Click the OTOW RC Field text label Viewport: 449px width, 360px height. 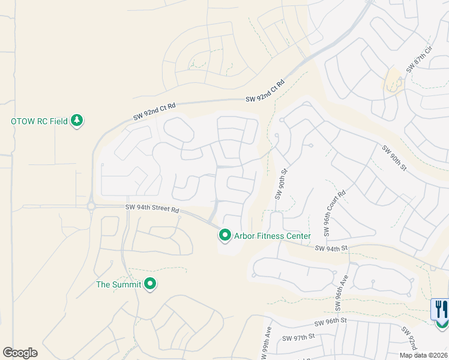39,121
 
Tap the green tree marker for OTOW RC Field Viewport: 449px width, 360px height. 77,121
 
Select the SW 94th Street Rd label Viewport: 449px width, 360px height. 152,209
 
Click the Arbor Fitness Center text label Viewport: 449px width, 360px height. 272,236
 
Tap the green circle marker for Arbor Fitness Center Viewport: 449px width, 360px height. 225,236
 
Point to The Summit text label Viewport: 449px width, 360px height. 119,284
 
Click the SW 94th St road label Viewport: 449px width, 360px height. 331,248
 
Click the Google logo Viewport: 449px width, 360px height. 20,353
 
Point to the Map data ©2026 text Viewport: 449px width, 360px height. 423,355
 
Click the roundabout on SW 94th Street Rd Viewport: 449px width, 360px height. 91,206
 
